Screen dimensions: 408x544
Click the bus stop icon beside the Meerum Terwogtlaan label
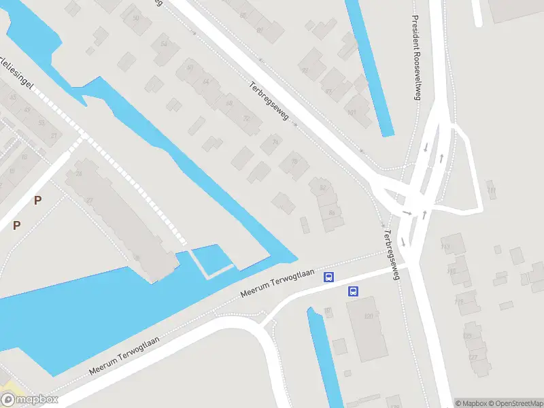pyautogui.click(x=329, y=277)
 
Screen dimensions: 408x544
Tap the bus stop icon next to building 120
pyautogui.click(x=353, y=291)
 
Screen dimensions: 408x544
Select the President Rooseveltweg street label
pyautogui.click(x=416, y=58)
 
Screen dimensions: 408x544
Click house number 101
pyautogui.click(x=351, y=113)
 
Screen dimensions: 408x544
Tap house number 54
pyautogui.click(x=163, y=44)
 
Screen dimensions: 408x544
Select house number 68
pyautogui.click(x=229, y=103)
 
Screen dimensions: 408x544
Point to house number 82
pyautogui.click(x=322, y=188)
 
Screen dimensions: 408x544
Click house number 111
pyautogui.click(x=491, y=190)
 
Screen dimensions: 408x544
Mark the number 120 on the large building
pyautogui.click(x=370, y=316)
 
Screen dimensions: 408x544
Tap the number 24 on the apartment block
pyautogui.click(x=79, y=175)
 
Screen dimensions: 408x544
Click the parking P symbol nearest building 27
pyautogui.click(x=38, y=200)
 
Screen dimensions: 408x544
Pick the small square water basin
pyautogui.click(x=212, y=260)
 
